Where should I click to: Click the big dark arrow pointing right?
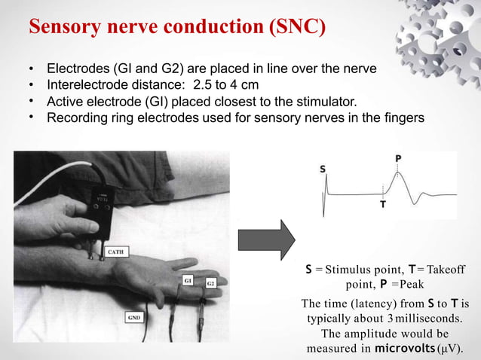266,245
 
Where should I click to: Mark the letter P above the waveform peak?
397,158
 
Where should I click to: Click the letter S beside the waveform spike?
323,170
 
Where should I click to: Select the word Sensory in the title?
64,28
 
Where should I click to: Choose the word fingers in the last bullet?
403,117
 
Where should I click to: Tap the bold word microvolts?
406,349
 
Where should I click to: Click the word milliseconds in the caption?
420,319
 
